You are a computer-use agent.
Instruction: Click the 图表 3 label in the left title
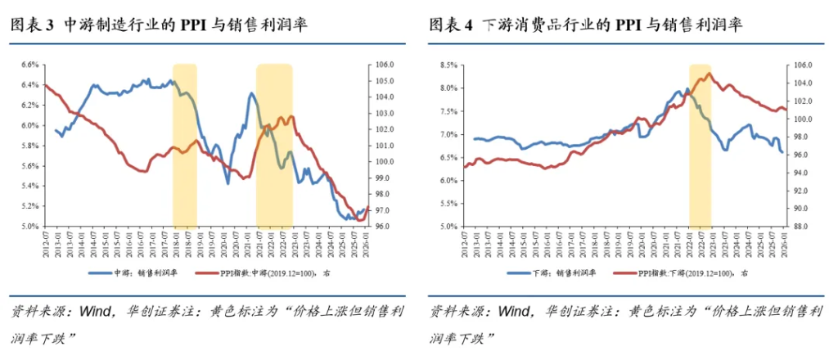click(32, 25)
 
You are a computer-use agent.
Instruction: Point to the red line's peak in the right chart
click(708, 74)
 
